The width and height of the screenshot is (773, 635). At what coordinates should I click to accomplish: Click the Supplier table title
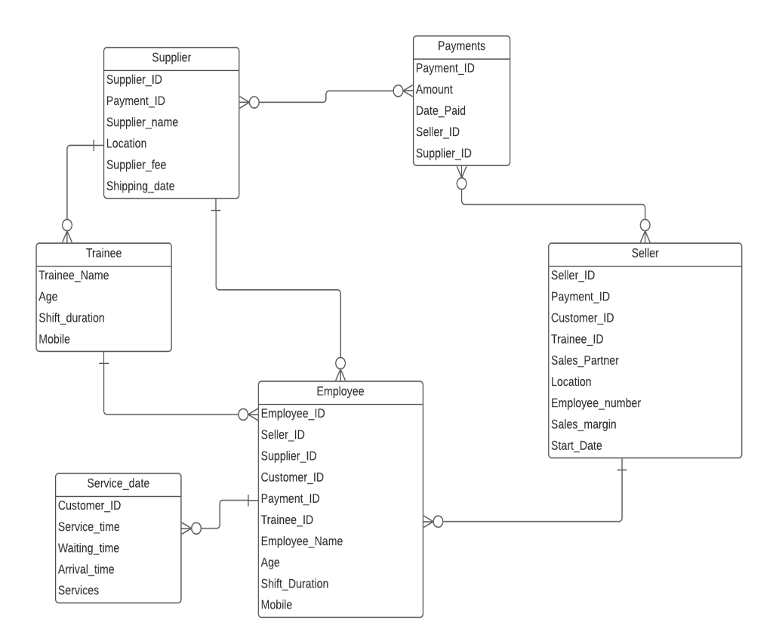tap(171, 58)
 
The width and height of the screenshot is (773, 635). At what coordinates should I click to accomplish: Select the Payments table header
tap(461, 47)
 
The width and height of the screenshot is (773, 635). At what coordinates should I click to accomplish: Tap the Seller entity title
tap(645, 254)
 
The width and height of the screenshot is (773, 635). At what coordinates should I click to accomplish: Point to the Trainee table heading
tap(104, 254)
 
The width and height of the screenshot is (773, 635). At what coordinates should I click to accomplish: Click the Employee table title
tap(340, 392)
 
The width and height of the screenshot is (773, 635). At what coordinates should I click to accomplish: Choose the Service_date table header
tap(119, 483)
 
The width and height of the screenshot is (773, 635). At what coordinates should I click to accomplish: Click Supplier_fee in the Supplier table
tap(136, 165)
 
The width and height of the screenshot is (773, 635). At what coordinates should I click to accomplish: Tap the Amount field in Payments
tap(434, 89)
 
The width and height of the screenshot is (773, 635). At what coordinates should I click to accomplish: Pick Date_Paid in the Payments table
tap(440, 110)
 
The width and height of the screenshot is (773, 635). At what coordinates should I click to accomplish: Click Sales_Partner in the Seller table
tap(585, 361)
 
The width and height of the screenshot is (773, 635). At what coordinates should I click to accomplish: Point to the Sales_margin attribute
tap(584, 424)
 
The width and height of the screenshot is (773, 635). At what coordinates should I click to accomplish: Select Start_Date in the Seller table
tap(577, 445)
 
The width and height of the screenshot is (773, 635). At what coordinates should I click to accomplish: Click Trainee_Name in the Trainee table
tap(73, 276)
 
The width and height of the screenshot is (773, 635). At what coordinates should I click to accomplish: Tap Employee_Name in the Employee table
tap(301, 541)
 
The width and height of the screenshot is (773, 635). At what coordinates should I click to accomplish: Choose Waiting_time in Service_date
tap(88, 547)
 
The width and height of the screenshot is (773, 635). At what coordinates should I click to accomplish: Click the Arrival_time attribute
tap(85, 569)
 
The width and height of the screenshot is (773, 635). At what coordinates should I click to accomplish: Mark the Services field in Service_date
tap(79, 590)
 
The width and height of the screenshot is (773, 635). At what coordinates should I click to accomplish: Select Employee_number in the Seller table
tap(596, 403)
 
